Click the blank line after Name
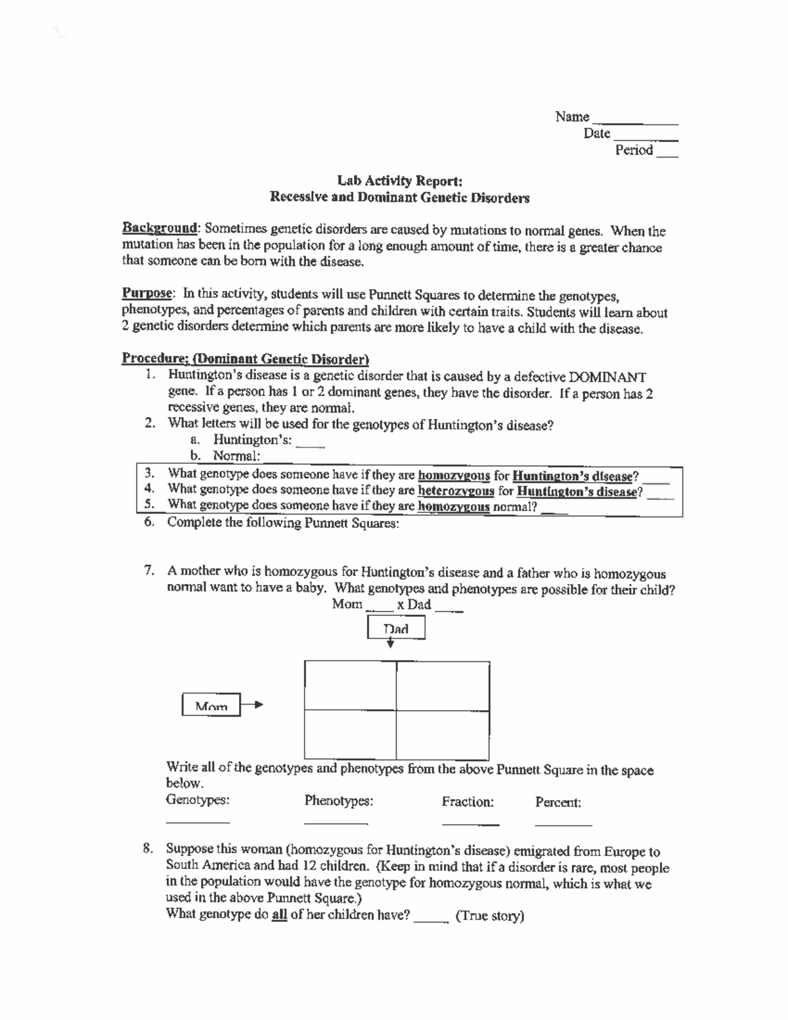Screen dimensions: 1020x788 coord(634,122)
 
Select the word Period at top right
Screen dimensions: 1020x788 coord(634,150)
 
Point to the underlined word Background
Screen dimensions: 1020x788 coord(160,229)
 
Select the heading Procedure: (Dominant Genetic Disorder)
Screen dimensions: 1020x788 coord(245,359)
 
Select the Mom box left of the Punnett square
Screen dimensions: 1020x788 coord(211,706)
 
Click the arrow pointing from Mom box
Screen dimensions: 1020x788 coord(252,705)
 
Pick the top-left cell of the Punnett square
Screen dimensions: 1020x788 coord(351,686)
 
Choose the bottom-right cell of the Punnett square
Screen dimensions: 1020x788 coord(443,733)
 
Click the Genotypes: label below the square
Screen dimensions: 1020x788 coord(198,800)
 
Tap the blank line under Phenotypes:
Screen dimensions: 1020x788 coord(335,822)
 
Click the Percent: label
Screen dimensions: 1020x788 coord(558,803)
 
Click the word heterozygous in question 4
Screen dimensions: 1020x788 coord(455,490)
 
